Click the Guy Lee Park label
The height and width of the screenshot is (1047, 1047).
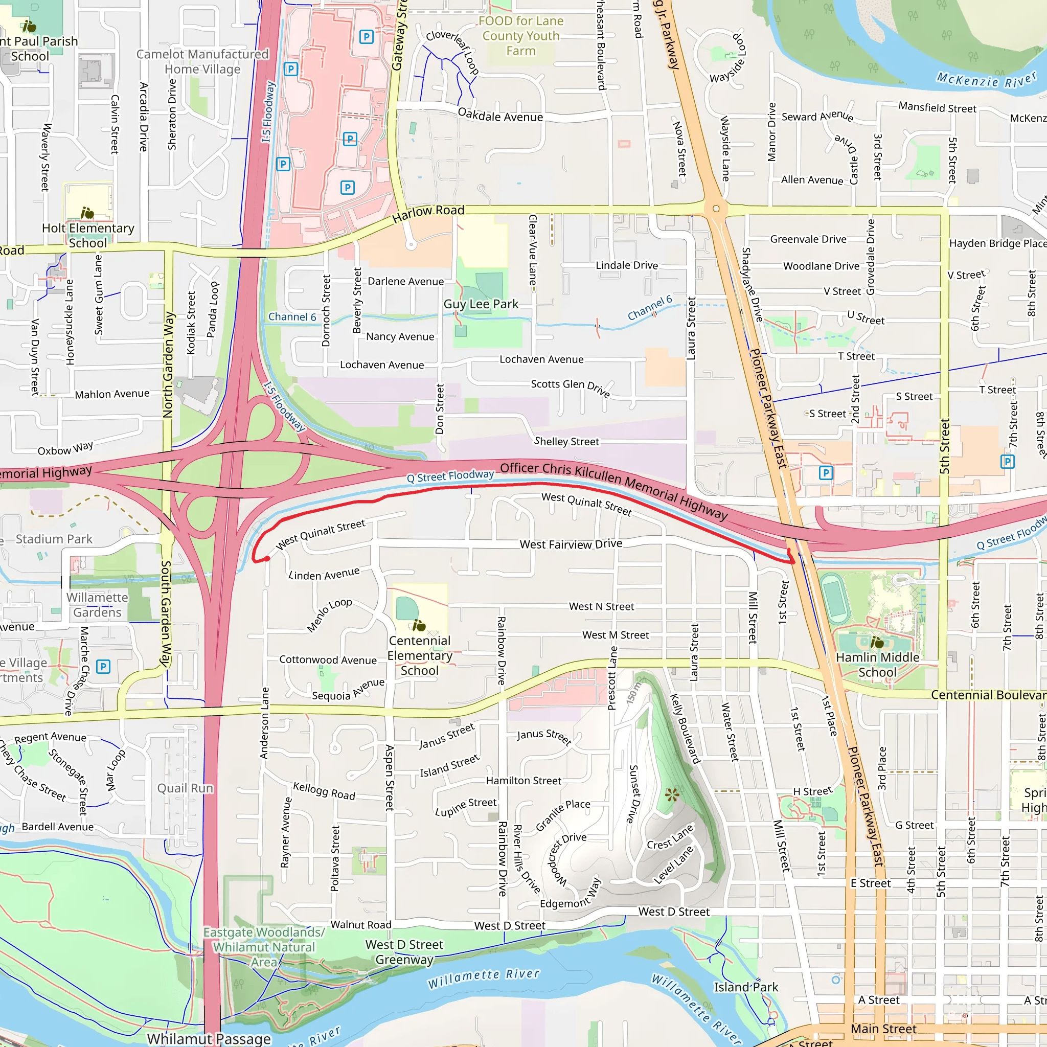(x=481, y=304)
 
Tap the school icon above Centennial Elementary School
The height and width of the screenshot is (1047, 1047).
(x=419, y=626)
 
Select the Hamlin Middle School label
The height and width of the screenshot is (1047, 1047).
(x=877, y=665)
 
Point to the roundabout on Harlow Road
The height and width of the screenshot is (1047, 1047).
(x=716, y=209)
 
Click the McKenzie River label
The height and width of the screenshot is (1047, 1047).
(x=986, y=80)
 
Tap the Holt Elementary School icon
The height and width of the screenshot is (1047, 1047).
(x=87, y=213)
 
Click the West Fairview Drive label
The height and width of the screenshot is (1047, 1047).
(x=570, y=543)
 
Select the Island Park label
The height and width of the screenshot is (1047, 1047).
(x=745, y=987)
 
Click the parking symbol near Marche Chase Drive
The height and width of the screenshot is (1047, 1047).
(x=103, y=667)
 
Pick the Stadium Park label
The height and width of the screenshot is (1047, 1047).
(x=54, y=539)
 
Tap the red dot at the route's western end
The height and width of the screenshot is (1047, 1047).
(x=267, y=558)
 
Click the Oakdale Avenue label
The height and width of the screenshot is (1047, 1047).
(x=499, y=116)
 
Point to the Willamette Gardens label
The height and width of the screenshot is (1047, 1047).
(x=98, y=605)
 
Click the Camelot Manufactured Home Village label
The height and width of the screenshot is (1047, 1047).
(x=202, y=62)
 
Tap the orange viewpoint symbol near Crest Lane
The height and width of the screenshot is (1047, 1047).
(x=672, y=795)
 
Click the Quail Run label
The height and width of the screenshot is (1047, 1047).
(x=186, y=788)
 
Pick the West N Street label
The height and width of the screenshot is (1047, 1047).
(x=601, y=606)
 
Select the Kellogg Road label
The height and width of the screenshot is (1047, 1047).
(x=324, y=791)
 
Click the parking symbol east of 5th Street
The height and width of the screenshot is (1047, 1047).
(x=1007, y=462)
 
